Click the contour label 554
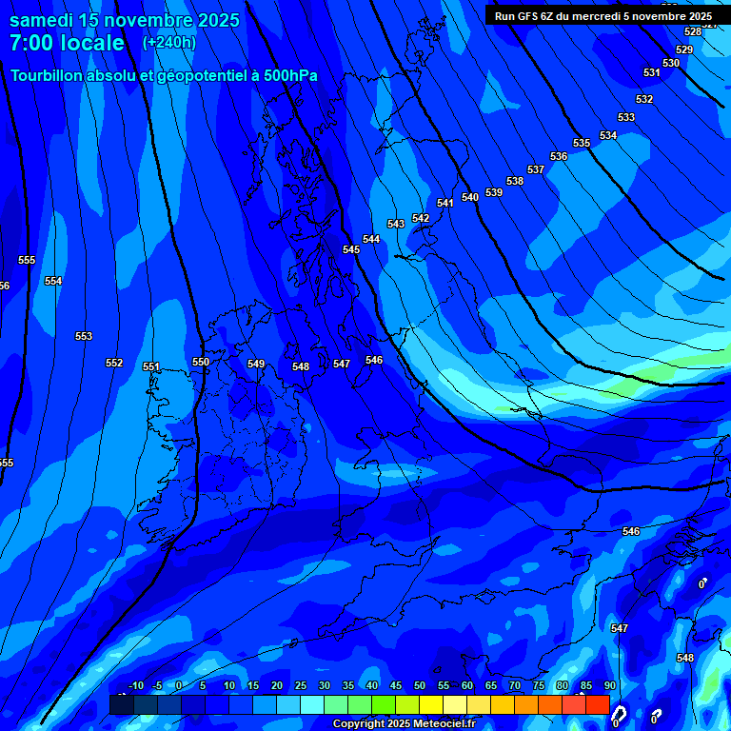click(x=53, y=281)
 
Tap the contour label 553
click(x=84, y=336)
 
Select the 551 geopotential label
click(x=151, y=366)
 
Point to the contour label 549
click(x=256, y=364)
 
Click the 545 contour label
click(x=351, y=249)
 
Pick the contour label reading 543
click(x=396, y=224)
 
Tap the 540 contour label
click(x=470, y=197)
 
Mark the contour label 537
click(x=536, y=169)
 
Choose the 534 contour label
click(x=608, y=135)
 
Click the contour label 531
click(x=651, y=72)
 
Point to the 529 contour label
click(x=684, y=49)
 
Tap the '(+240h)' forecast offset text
click(x=169, y=42)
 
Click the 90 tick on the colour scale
click(x=609, y=685)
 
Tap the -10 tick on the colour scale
click(x=135, y=685)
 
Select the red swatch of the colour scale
click(x=597, y=704)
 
